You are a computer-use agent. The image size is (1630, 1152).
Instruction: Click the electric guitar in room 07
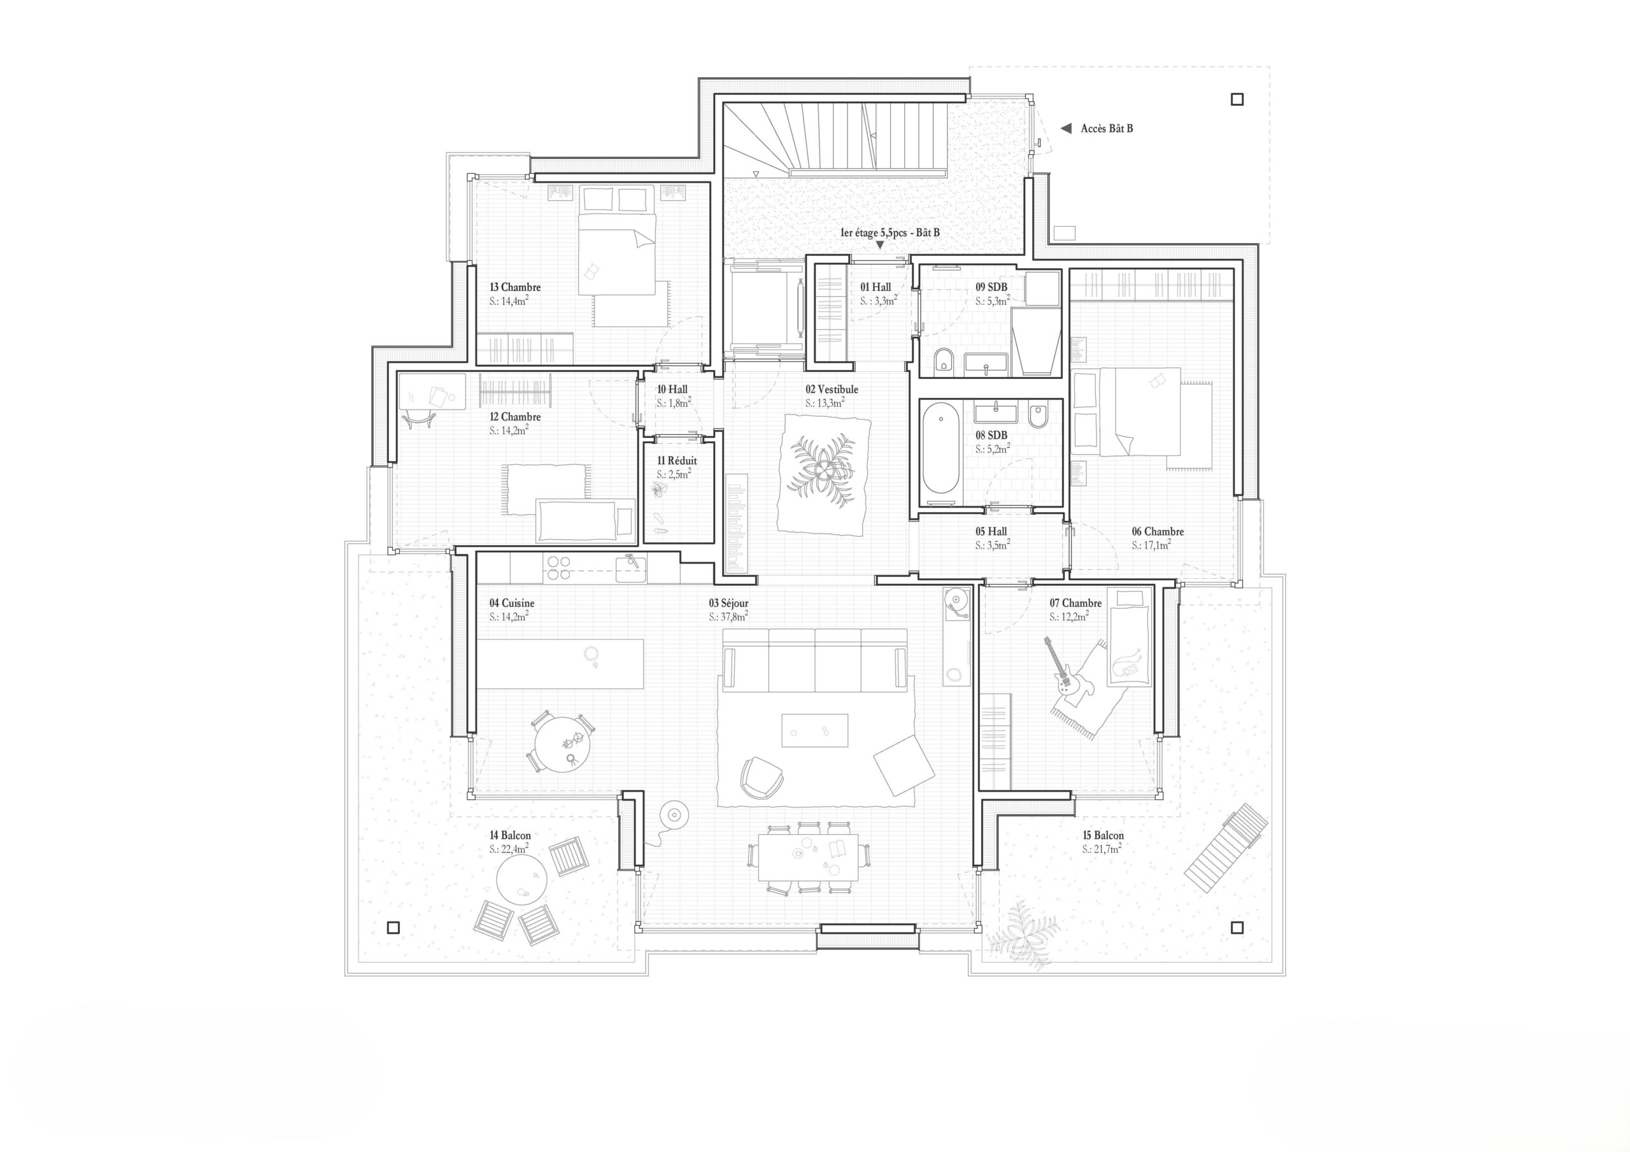pyautogui.click(x=1059, y=667)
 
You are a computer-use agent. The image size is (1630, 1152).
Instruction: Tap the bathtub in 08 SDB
pyautogui.click(x=940, y=448)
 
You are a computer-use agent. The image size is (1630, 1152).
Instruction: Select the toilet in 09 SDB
pyautogui.click(x=944, y=361)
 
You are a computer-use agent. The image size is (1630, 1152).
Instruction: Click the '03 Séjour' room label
pyautogui.click(x=728, y=603)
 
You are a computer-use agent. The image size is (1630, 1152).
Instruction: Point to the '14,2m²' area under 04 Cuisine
pyautogui.click(x=508, y=616)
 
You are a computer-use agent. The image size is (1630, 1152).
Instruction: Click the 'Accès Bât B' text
pyautogui.click(x=1107, y=129)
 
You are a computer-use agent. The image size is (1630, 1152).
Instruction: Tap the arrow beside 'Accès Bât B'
pyautogui.click(x=1066, y=129)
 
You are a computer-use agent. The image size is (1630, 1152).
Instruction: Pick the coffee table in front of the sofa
pyautogui.click(x=814, y=730)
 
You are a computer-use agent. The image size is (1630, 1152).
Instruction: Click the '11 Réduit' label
pyautogui.click(x=677, y=461)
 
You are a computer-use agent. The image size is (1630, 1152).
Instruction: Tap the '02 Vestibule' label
pyautogui.click(x=832, y=389)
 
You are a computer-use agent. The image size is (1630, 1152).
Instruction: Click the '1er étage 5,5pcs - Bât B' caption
pyautogui.click(x=889, y=232)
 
